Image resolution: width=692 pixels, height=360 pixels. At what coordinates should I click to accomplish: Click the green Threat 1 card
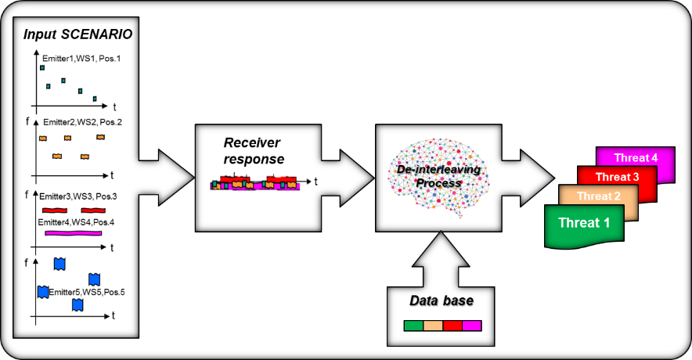point(584,226)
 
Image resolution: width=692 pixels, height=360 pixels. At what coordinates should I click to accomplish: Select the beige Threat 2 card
point(598,196)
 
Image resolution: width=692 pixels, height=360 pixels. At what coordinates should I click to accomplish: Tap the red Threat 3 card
point(617,176)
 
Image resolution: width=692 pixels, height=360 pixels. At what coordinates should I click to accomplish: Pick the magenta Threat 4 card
point(636,157)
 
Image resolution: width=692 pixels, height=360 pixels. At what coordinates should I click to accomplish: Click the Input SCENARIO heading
point(77,34)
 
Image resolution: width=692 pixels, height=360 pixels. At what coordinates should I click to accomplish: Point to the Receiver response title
point(254,151)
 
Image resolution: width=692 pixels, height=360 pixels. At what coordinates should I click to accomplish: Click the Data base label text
point(442,301)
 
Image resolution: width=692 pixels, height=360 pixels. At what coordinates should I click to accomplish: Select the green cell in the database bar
point(413,326)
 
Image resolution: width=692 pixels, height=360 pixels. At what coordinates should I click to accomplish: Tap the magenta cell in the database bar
point(472,326)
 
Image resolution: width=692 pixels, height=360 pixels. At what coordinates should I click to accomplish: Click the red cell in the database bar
point(452,326)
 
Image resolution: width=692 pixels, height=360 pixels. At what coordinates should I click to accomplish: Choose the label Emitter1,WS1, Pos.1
point(81,58)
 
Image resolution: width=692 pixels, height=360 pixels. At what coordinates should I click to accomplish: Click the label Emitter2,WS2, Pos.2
point(82,122)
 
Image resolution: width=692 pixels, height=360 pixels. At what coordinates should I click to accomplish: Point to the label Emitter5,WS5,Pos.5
point(86,292)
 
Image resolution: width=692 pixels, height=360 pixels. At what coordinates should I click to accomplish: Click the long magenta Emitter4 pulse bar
point(74,233)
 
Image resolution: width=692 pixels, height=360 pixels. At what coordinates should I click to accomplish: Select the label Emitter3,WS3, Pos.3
point(77,196)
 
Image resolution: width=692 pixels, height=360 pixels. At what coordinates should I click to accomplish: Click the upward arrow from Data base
point(441,259)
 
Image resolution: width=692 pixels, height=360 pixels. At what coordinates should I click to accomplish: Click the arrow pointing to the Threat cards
point(528,178)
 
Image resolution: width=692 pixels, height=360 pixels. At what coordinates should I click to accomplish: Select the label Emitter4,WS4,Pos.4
point(76,222)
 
